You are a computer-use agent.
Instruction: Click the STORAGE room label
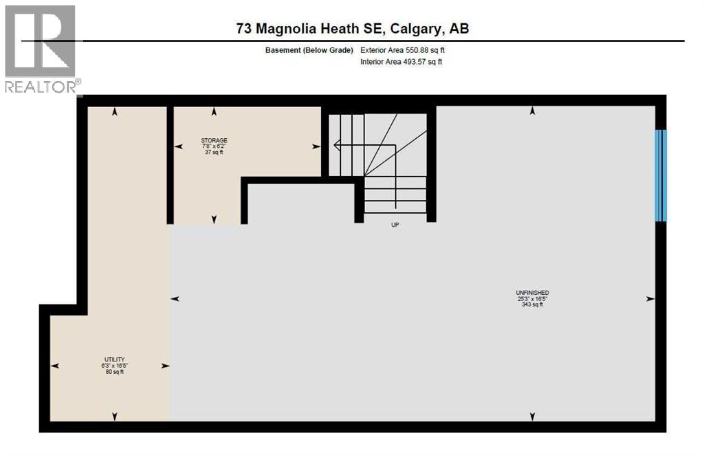pyautogui.click(x=214, y=140)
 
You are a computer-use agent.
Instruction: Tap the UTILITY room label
pyautogui.click(x=114, y=359)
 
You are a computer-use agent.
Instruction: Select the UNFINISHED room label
pyautogui.click(x=532, y=292)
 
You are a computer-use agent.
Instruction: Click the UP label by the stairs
pyautogui.click(x=395, y=225)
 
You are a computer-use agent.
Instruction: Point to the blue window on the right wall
pyautogui.click(x=660, y=175)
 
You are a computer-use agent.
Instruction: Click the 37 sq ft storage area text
pyautogui.click(x=214, y=153)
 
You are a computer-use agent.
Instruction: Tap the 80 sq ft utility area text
pyautogui.click(x=114, y=372)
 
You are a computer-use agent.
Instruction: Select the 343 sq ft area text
pyautogui.click(x=532, y=304)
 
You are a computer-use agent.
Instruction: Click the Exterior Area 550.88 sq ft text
pyautogui.click(x=408, y=49)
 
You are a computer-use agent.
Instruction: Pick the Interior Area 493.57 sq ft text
pyautogui.click(x=401, y=62)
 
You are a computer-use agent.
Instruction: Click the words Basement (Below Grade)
pyautogui.click(x=309, y=49)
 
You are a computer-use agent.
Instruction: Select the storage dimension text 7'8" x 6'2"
pyautogui.click(x=214, y=146)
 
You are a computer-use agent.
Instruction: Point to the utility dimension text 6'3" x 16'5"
pyautogui.click(x=114, y=366)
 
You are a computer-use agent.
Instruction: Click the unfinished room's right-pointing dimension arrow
pyautogui.click(x=650, y=298)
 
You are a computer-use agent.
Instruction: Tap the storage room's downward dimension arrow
pyautogui.click(x=214, y=219)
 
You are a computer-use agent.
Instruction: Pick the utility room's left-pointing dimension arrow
pyautogui.click(x=54, y=366)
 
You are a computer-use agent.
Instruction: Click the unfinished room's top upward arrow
pyautogui.click(x=532, y=111)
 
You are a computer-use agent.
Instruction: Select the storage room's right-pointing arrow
pyautogui.click(x=316, y=146)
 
